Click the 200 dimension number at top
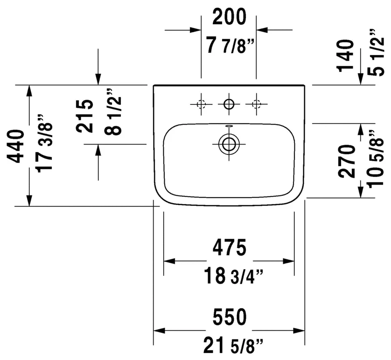coord(229,17)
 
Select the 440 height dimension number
coord(16,146)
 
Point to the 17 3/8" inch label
coord(45,143)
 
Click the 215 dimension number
coord(85,116)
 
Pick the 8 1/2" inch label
coord(113,111)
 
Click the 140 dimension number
coord(346,56)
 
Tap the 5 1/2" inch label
coord(376,53)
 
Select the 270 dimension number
coord(346,161)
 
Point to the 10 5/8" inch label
coord(375,158)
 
